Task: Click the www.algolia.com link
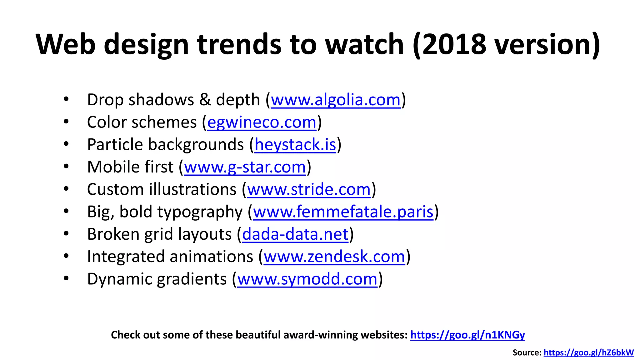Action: point(335,100)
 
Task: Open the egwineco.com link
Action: point(262,122)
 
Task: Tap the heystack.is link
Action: point(295,145)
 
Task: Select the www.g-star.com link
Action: point(245,167)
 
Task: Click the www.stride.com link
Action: point(309,189)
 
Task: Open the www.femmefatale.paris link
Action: point(343,212)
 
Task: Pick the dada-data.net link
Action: point(295,234)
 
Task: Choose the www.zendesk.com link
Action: point(334,257)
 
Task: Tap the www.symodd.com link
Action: point(307,279)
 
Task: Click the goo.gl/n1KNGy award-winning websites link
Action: point(467,335)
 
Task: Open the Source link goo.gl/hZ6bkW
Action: point(588,353)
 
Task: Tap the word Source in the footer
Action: point(527,353)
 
